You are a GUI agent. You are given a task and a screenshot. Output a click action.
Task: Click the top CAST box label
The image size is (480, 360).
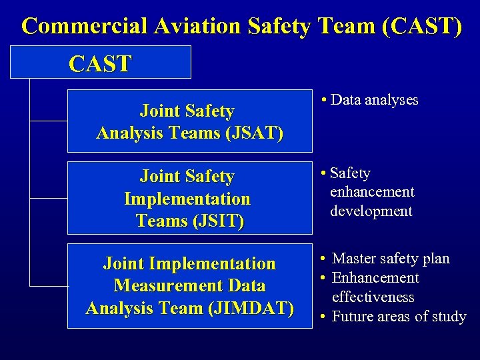(x=100, y=64)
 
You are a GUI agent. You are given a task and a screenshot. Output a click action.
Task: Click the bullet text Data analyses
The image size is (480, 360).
(x=374, y=100)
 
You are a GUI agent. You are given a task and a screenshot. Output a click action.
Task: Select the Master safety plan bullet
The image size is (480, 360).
(x=391, y=259)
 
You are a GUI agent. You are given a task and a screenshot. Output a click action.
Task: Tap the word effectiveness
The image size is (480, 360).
(x=373, y=297)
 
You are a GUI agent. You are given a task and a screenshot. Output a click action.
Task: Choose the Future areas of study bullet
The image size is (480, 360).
(x=399, y=317)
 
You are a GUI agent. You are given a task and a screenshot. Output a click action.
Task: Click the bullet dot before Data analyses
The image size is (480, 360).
(x=323, y=101)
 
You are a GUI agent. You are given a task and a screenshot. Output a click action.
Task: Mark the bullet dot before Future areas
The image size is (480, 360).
(x=323, y=317)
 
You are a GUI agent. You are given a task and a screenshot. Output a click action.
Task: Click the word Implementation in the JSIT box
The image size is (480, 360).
(x=187, y=199)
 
